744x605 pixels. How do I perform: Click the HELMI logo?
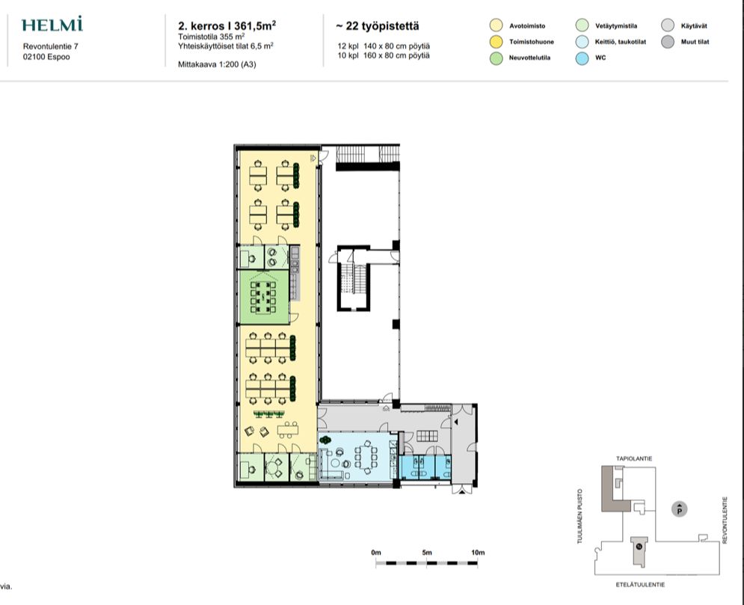(x=52, y=24)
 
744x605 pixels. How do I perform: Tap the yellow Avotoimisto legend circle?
(x=496, y=25)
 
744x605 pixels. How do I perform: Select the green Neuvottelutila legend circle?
(x=496, y=58)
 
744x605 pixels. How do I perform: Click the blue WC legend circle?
(x=582, y=58)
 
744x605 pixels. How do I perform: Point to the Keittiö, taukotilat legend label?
(x=621, y=42)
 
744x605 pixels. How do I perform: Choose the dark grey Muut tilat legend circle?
(x=668, y=42)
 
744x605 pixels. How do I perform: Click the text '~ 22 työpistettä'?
(x=378, y=26)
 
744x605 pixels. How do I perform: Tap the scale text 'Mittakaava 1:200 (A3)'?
(x=217, y=64)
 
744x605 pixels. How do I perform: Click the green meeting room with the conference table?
(x=263, y=297)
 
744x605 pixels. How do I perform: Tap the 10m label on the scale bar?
(x=478, y=553)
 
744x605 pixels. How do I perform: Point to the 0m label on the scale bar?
(x=376, y=553)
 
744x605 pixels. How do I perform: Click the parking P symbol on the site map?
(x=680, y=509)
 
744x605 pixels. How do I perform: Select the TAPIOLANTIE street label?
(x=634, y=459)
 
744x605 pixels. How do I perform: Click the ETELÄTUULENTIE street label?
(x=640, y=585)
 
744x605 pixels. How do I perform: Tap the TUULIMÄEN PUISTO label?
(x=579, y=516)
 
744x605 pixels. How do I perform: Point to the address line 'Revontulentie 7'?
(x=51, y=46)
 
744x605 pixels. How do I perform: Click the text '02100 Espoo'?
(x=46, y=57)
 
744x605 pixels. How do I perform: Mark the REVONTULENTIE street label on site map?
(x=725, y=520)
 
